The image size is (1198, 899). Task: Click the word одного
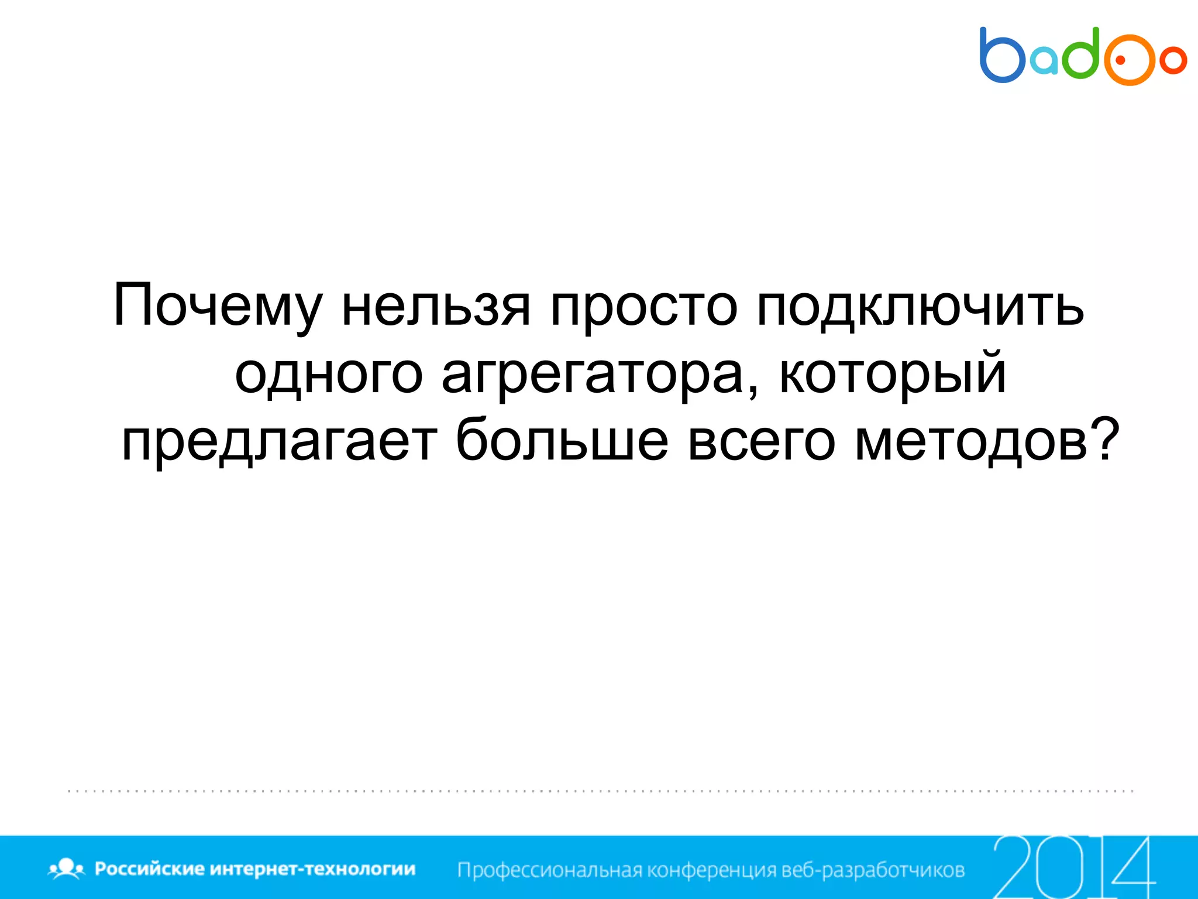click(328, 375)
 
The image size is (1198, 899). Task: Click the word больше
click(562, 440)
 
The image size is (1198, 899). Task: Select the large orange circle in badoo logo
click(1129, 60)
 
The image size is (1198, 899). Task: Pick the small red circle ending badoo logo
click(1173, 60)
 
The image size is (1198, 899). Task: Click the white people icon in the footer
click(67, 868)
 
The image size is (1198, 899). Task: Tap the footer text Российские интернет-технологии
click(255, 869)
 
